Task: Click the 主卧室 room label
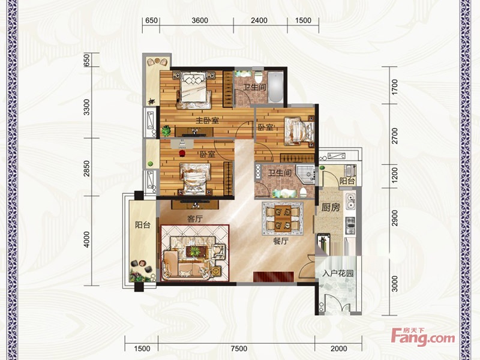207,121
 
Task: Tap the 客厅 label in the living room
195,219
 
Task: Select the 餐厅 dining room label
281,241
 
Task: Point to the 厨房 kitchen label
331,208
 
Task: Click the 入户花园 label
338,273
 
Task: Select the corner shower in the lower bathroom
305,175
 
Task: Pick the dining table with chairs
283,218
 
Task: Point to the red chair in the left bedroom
182,153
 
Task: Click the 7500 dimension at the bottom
239,349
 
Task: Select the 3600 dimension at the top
200,20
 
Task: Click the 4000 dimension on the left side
87,239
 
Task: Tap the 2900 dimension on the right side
395,218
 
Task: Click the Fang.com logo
424,337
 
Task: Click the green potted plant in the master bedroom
166,131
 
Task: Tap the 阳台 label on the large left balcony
143,225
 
